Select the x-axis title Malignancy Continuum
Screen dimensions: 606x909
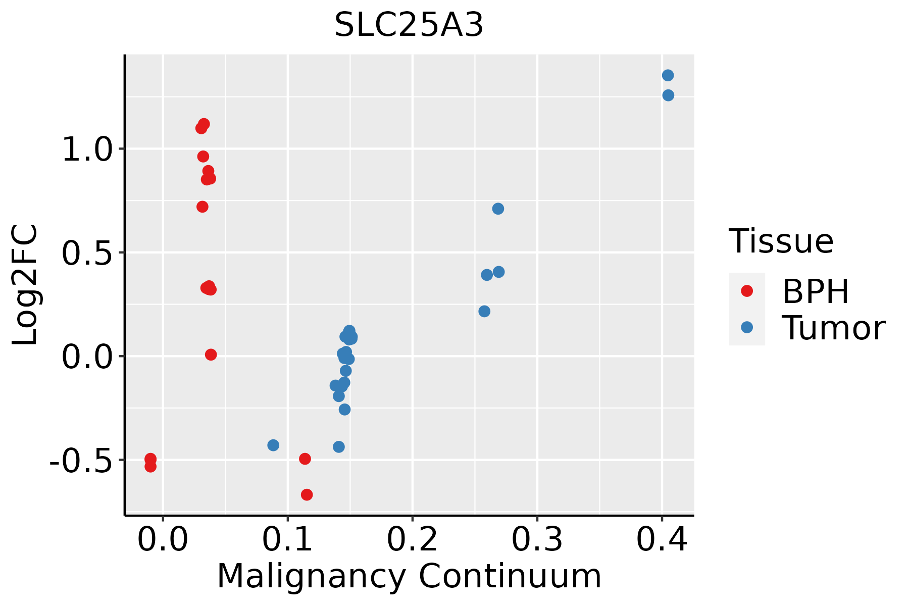point(409,577)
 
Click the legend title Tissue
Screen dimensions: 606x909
point(781,241)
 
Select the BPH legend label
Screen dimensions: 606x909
point(815,291)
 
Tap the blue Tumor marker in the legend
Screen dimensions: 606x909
point(746,327)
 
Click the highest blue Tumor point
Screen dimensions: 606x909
point(668,75)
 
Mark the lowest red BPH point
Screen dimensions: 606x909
point(307,494)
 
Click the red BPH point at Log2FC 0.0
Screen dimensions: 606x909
point(211,355)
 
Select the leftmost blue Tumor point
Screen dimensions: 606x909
point(273,445)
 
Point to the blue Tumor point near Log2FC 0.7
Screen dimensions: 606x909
point(498,209)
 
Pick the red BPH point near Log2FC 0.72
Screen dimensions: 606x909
point(203,207)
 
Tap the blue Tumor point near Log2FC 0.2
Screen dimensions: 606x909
point(484,311)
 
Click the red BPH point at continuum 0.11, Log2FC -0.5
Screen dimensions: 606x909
point(305,459)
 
